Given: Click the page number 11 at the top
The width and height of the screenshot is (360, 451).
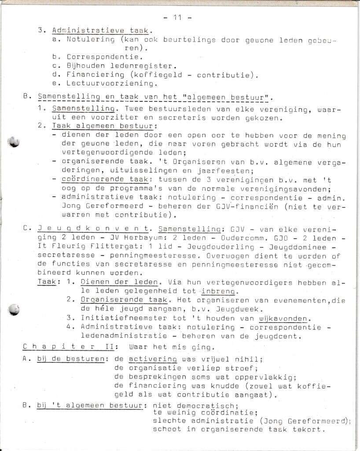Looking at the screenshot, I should [177, 18].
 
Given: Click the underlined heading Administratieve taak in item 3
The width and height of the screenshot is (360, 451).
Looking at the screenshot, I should [100, 31].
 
